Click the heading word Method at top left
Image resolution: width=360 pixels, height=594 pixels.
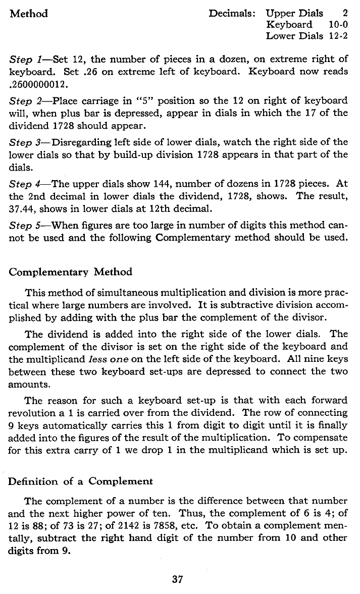coord(29,14)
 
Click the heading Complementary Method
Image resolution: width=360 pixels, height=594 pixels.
coord(71,272)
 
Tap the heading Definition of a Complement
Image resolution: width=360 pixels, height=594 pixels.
coord(80,481)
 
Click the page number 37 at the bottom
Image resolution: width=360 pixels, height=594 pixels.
coord(177,579)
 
